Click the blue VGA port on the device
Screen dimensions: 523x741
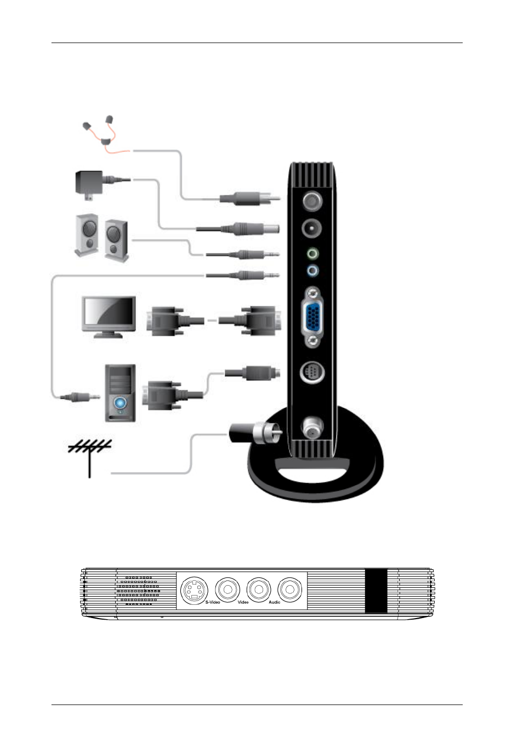[312, 317]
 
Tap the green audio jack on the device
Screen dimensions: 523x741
[312, 254]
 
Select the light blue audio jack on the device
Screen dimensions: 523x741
[312, 271]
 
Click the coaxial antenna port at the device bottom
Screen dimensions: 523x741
[312, 428]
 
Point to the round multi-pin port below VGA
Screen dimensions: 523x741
[312, 372]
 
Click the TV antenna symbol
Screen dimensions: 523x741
[89, 458]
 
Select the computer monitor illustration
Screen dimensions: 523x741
[109, 317]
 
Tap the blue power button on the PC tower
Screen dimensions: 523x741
[120, 402]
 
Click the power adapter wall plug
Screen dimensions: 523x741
[89, 185]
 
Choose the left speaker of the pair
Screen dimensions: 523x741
[87, 235]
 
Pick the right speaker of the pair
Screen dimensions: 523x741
[116, 240]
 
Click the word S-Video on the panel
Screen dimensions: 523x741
[213, 602]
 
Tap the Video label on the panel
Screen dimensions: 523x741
[243, 602]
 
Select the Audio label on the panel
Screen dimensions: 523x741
[274, 602]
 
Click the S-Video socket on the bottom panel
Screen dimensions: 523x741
[194, 590]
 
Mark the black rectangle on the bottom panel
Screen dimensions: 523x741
[376, 591]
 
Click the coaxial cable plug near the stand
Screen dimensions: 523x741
[255, 433]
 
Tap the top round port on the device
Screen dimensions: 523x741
[312, 201]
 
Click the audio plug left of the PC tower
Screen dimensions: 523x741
[79, 396]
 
